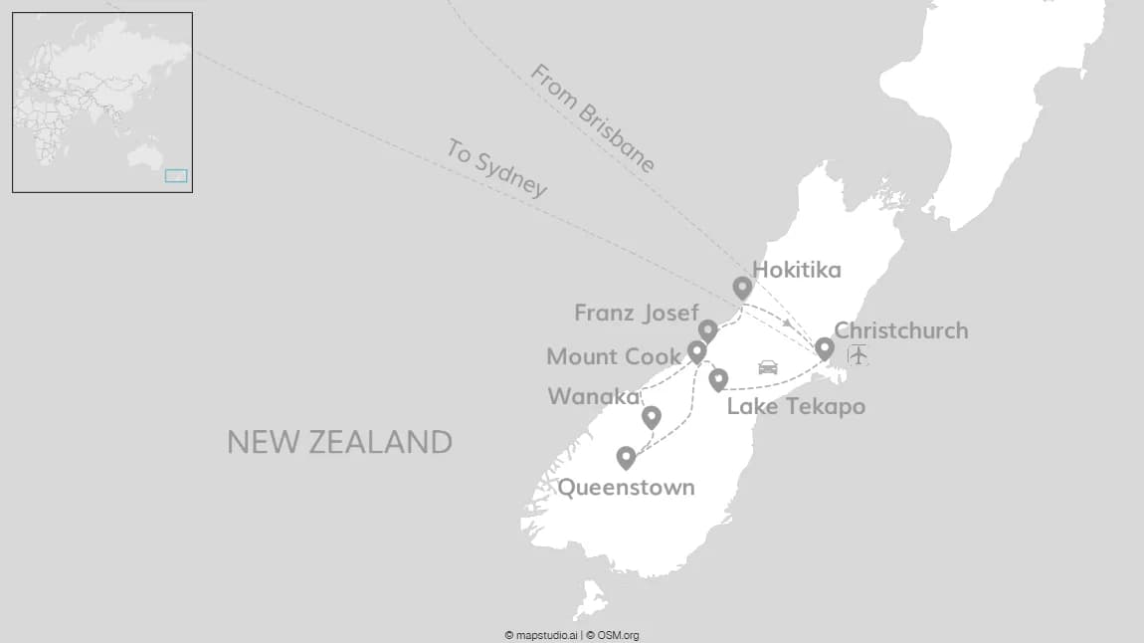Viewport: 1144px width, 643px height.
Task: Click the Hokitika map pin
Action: [x=742, y=288]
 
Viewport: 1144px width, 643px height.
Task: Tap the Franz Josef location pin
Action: [x=707, y=330]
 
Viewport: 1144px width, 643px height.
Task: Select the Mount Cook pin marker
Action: [x=697, y=351]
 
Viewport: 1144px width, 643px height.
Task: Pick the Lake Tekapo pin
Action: [x=718, y=379]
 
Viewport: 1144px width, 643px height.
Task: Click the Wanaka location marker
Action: [x=651, y=416]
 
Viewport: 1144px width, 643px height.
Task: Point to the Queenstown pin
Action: [x=626, y=457]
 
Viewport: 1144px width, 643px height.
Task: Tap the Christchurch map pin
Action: [x=825, y=348]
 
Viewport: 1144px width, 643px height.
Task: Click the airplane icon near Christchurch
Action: [x=858, y=354]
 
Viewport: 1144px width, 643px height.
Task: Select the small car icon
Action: [x=768, y=367]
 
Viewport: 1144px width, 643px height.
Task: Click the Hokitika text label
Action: [x=796, y=270]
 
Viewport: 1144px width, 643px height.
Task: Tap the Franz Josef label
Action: [x=637, y=314]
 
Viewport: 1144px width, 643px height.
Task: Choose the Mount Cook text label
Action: [x=614, y=356]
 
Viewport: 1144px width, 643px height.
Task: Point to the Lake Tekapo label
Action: [x=796, y=406]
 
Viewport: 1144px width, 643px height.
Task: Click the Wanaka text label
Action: [x=594, y=397]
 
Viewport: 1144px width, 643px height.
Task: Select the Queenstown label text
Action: [x=626, y=488]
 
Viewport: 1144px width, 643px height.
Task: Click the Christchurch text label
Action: [x=900, y=330]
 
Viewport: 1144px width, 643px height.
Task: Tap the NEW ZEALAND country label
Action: [x=339, y=442]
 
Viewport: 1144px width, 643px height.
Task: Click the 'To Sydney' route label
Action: [x=496, y=168]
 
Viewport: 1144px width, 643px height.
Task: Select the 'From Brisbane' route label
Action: [x=593, y=117]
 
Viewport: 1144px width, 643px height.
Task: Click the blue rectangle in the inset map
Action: [x=175, y=176]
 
